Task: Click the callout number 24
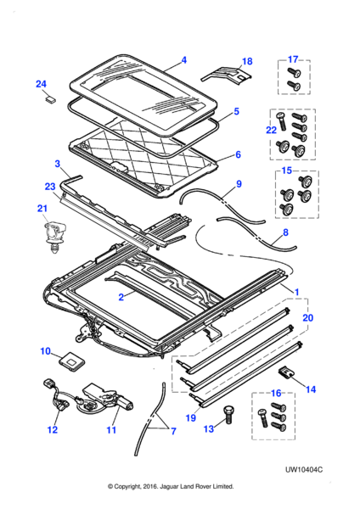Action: (x=41, y=84)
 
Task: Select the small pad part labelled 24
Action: (x=50, y=98)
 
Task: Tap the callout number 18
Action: (x=247, y=61)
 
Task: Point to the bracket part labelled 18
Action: (x=226, y=76)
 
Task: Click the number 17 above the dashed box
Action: (x=293, y=59)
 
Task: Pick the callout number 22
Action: (x=272, y=130)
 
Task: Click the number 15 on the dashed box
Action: (x=287, y=171)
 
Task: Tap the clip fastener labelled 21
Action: (x=53, y=236)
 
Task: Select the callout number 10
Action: (x=46, y=351)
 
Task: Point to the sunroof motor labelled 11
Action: (x=107, y=400)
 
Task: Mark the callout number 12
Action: (x=53, y=429)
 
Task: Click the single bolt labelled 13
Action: (x=228, y=415)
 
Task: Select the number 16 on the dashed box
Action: (x=276, y=394)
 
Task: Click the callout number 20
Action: (x=307, y=317)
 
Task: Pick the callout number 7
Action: (x=173, y=431)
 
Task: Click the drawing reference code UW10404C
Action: (x=304, y=469)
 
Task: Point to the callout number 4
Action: (x=184, y=60)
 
